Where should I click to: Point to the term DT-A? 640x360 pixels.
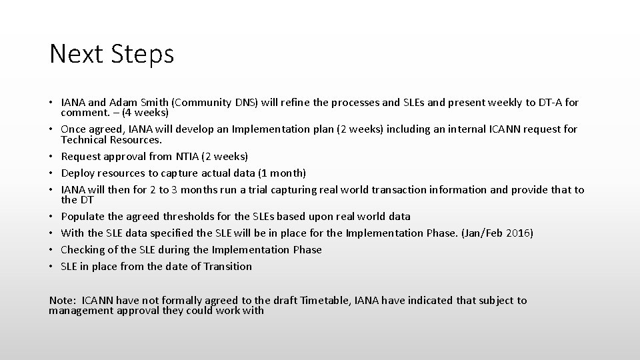coord(547,103)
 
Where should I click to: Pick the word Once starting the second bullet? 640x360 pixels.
coord(75,129)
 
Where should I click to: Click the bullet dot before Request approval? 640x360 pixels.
coord(52,156)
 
